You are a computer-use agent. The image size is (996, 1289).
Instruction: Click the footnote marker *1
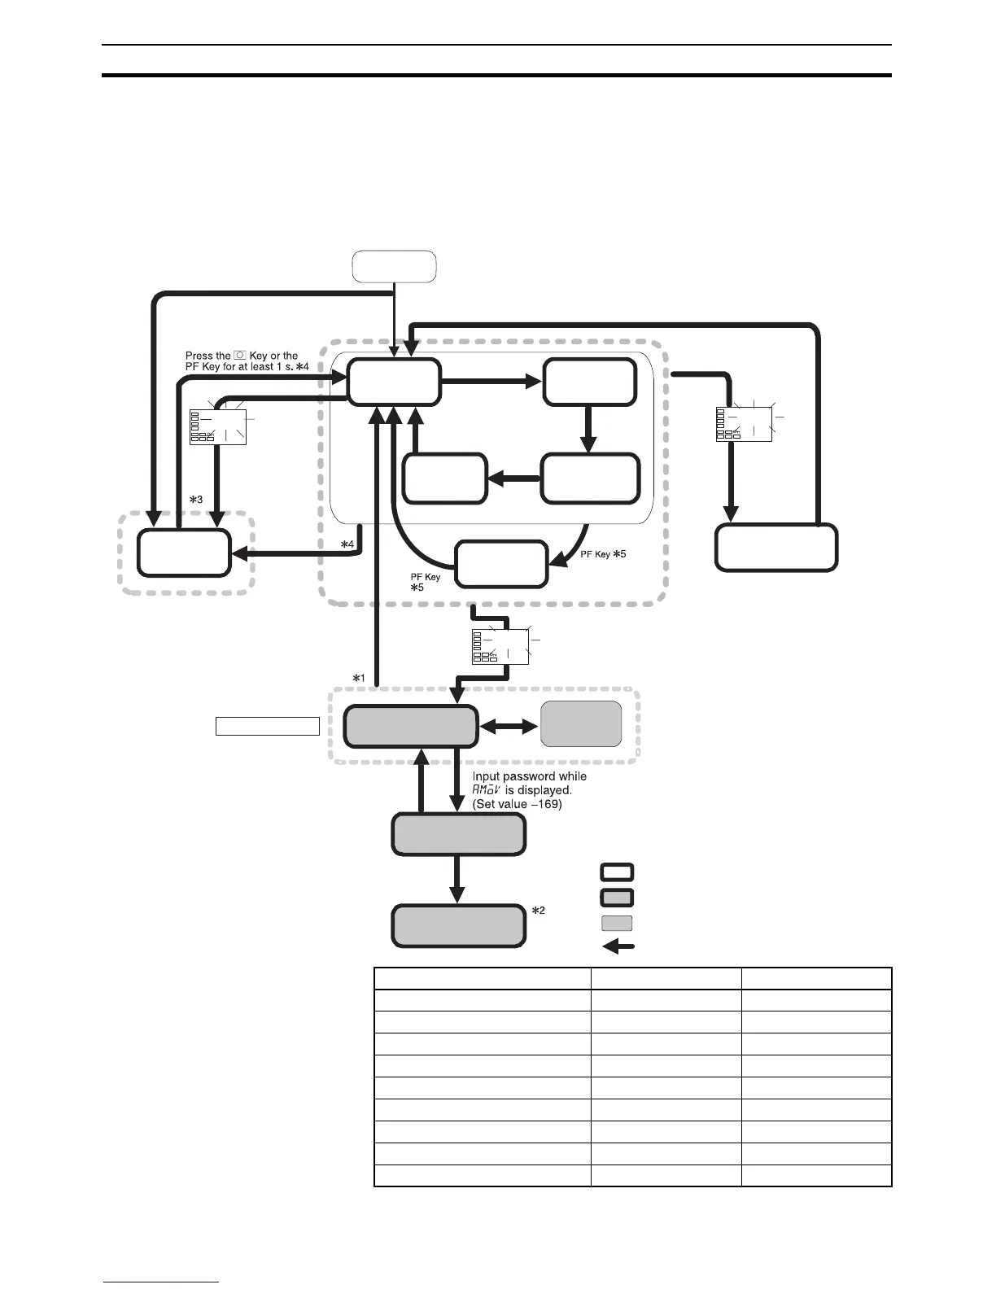click(358, 678)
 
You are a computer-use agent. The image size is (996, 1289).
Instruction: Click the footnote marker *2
click(538, 911)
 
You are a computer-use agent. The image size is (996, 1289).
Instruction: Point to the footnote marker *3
click(195, 500)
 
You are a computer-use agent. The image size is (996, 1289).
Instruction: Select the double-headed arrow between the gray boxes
click(509, 727)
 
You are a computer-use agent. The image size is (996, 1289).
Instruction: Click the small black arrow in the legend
click(618, 946)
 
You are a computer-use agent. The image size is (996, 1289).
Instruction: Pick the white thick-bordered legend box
click(617, 872)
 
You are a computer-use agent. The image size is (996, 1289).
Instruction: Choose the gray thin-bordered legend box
click(617, 923)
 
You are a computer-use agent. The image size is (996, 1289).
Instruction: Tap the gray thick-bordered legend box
click(617, 898)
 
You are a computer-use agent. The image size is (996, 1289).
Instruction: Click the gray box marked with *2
click(458, 925)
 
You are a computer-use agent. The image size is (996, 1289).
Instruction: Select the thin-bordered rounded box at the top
click(394, 266)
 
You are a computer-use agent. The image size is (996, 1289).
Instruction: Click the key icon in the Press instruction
click(240, 356)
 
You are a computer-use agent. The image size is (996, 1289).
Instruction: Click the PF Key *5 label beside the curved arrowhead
click(603, 554)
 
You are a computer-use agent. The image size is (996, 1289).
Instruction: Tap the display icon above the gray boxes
click(500, 646)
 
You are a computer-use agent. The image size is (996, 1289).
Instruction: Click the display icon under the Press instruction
click(218, 425)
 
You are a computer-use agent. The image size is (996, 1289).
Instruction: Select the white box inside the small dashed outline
click(184, 553)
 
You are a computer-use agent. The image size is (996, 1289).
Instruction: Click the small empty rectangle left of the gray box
click(267, 726)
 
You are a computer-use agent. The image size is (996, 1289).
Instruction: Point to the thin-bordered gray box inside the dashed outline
click(581, 723)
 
